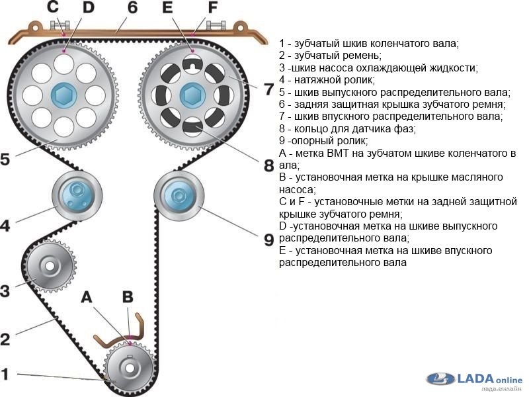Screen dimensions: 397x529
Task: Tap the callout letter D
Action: pos(88,9)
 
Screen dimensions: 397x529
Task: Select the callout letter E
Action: pos(167,9)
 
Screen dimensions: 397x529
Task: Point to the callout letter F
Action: pos(212,9)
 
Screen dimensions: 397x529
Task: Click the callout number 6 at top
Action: pos(132,9)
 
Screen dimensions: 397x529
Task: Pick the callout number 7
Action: pos(268,89)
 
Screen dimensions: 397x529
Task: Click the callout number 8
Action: pos(268,165)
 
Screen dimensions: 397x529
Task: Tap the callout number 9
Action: pos(268,240)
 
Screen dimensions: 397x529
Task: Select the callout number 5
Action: pos(5,159)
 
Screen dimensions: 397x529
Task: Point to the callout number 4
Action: pos(5,225)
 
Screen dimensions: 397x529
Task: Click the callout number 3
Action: pos(5,290)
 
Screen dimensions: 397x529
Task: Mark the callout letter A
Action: pos(87,298)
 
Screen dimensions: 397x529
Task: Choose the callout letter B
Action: pos(127,297)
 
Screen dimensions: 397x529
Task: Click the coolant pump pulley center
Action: pos(51,267)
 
